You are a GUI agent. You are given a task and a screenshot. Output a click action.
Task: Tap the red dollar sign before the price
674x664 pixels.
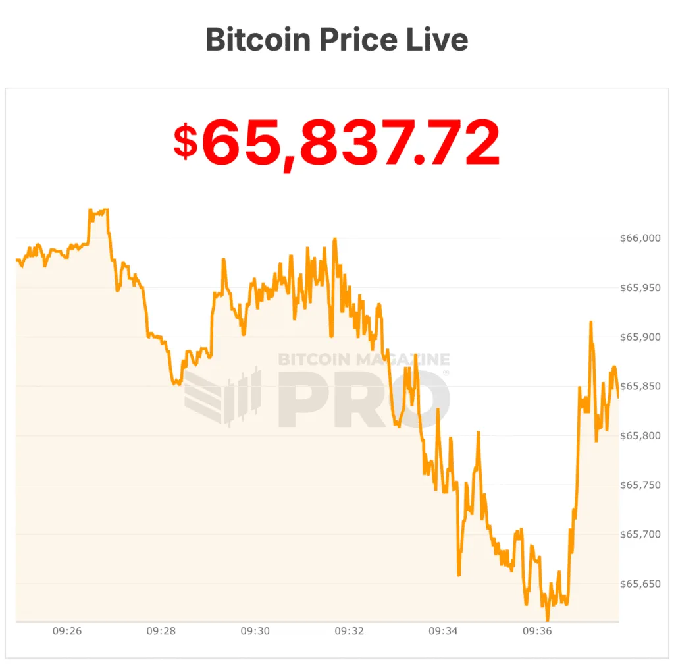185,142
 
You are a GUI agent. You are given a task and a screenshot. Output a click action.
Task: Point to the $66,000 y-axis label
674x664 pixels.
640,238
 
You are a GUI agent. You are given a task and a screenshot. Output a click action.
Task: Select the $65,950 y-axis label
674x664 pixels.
640,288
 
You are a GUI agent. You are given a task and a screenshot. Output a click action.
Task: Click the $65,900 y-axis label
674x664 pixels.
640,337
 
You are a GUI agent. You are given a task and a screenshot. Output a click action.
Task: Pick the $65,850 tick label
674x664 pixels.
640,387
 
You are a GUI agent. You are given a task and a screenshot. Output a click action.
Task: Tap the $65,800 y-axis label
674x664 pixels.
640,436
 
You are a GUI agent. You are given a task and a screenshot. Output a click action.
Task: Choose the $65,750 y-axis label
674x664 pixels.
640,485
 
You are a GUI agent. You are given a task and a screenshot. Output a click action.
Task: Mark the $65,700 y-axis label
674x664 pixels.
640,534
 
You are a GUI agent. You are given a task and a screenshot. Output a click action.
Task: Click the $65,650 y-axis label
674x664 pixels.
640,584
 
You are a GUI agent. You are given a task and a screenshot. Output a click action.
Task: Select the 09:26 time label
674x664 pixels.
67,631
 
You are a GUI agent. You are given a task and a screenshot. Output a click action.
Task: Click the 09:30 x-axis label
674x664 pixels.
255,631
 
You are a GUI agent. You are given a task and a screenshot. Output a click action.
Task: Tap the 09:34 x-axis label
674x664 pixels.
443,631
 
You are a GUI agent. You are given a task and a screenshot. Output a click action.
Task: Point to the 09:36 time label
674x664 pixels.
537,631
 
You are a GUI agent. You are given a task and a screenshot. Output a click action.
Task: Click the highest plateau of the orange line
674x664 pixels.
99,211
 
